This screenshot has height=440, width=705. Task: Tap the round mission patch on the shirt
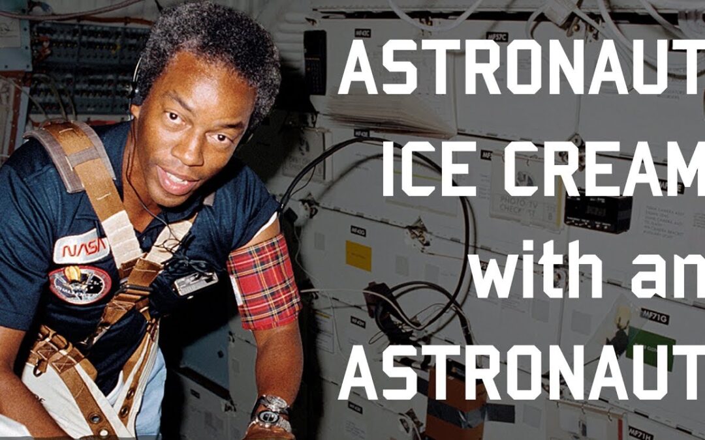(x=80, y=284)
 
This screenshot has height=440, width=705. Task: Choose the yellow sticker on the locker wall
(x=358, y=256)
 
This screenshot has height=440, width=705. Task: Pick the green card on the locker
(x=650, y=349)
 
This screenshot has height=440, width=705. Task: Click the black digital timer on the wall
(x=597, y=214)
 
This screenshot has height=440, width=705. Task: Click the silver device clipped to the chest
(x=195, y=283)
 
